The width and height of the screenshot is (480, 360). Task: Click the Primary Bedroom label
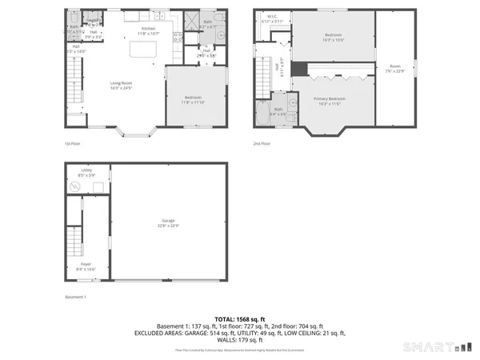(x=333, y=100)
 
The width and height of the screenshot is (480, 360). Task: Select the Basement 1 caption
(x=75, y=297)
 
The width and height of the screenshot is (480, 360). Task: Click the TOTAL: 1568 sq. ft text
(x=240, y=319)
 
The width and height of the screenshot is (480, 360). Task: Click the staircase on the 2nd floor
(x=262, y=80)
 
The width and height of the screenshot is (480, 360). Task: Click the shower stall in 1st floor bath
(x=193, y=22)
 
